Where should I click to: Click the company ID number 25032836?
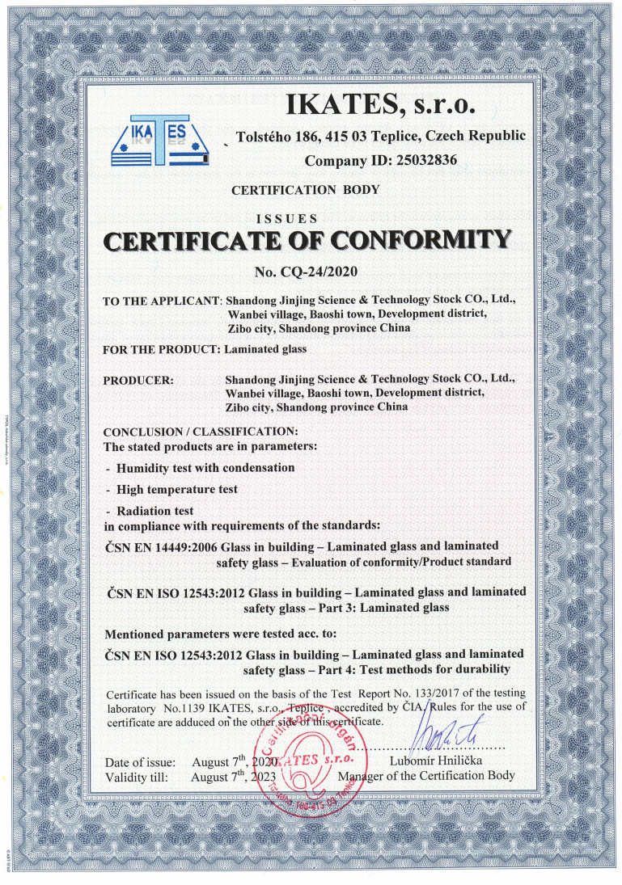pyautogui.click(x=425, y=160)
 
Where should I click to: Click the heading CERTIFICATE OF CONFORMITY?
pyautogui.click(x=307, y=240)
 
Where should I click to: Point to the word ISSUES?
pyautogui.click(x=286, y=218)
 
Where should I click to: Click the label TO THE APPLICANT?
pyautogui.click(x=162, y=301)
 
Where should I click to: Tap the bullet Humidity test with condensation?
pyautogui.click(x=205, y=468)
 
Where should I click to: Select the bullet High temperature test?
pyautogui.click(x=176, y=490)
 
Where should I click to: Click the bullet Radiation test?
pyautogui.click(x=154, y=511)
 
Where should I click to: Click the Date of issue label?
pyautogui.click(x=146, y=763)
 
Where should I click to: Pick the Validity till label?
pyautogui.click(x=138, y=778)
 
